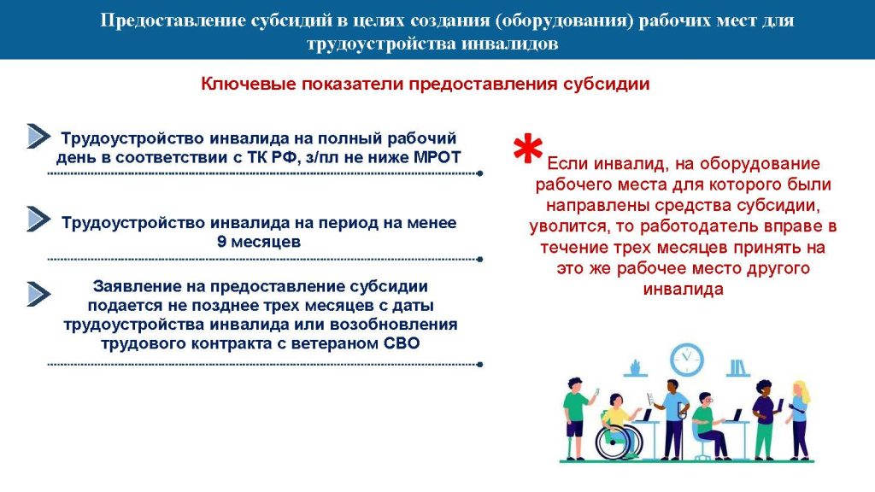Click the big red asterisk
pyautogui.click(x=527, y=149)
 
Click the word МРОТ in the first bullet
pyautogui.click(x=437, y=157)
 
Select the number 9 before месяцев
pyautogui.click(x=221, y=242)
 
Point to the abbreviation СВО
pyautogui.click(x=402, y=343)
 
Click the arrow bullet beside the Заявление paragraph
pyautogui.click(x=38, y=294)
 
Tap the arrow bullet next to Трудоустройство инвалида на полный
pyautogui.click(x=38, y=136)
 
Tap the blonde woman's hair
pyautogui.click(x=802, y=391)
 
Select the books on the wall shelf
pyautogui.click(x=737, y=367)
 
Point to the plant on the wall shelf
pyautogui.click(x=635, y=367)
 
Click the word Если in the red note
pyautogui.click(x=568, y=163)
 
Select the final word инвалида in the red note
pyautogui.click(x=683, y=290)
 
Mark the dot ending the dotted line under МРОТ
pyautogui.click(x=479, y=173)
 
